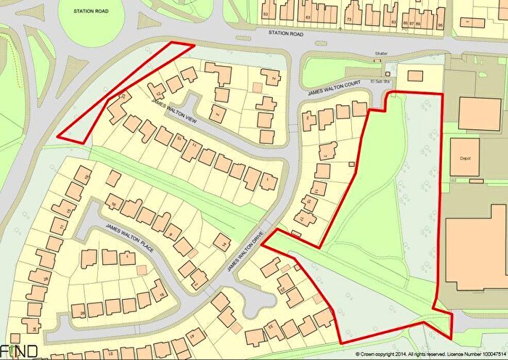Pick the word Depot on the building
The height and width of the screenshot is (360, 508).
[x=466, y=157]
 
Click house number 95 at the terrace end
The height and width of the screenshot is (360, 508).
[x=441, y=24]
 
